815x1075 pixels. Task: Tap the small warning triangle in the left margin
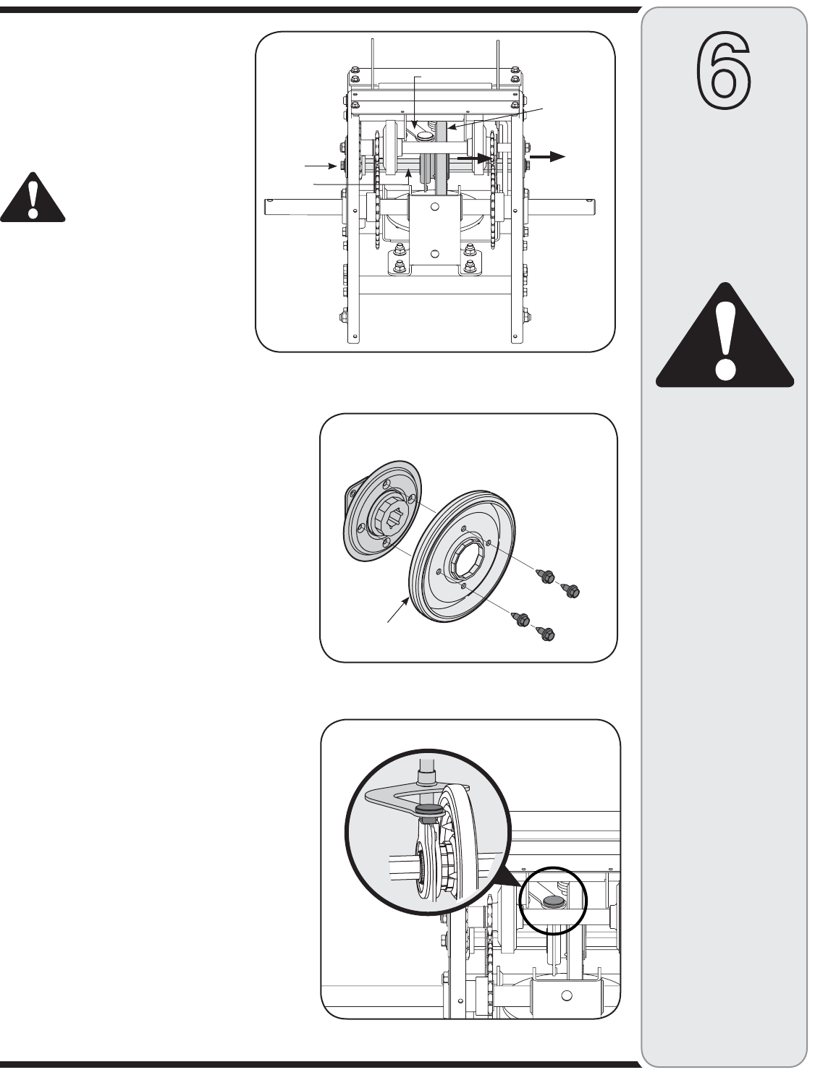point(33,197)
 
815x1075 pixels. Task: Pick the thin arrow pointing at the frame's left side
point(321,166)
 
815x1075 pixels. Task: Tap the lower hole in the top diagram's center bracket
point(434,253)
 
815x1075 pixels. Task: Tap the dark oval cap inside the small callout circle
point(553,901)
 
